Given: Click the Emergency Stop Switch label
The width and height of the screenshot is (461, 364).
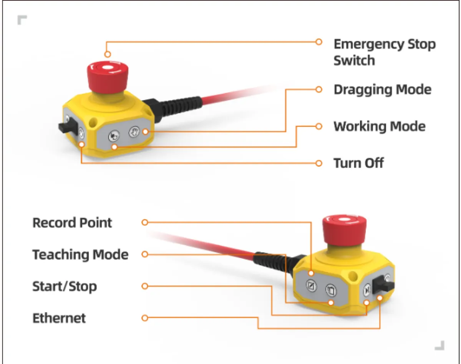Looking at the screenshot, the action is pos(385,52).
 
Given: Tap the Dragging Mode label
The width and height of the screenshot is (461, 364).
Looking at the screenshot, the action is pos(382,89).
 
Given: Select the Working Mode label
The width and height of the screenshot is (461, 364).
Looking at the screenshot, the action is pos(380,126).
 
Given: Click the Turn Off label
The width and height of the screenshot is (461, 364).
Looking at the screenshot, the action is pos(358,163).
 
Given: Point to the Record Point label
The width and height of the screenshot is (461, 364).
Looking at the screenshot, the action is pos(72,222).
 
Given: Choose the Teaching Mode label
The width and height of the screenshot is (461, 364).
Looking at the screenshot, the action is pos(80,254).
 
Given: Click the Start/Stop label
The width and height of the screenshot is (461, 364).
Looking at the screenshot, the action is pos(65,286).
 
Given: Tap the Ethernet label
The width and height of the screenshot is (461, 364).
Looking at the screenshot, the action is pos(59,318).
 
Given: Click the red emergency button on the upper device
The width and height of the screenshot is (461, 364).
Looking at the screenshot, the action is pos(108,78).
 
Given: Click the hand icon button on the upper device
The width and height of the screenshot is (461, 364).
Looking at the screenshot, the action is pos(134,131).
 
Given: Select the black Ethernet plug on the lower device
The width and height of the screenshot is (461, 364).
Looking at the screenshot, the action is pos(383,285).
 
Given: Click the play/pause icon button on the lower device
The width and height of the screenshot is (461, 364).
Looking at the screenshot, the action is pos(367,290).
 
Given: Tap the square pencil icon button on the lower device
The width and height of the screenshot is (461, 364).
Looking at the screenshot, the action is pos(311,286).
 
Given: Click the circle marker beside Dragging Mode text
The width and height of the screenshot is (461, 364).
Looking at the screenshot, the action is pos(319,89).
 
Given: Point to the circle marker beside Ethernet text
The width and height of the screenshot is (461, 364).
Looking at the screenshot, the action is pos(145,318).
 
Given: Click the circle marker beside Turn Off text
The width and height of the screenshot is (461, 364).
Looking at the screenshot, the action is pos(319,163).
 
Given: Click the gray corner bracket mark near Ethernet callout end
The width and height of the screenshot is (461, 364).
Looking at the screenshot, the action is pos(440,345).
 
